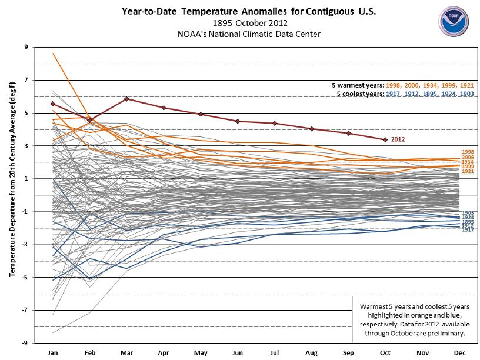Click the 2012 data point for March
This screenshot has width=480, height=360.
coord(126,99)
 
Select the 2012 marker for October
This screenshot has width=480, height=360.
coord(385,139)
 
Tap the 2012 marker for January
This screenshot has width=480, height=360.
coord(53,104)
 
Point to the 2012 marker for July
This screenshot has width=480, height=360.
coord(274,123)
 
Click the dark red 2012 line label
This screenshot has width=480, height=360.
coord(399,139)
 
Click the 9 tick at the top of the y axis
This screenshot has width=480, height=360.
coord(26,47)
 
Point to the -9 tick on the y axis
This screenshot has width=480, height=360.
coord(25,343)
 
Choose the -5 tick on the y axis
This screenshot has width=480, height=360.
coord(25,277)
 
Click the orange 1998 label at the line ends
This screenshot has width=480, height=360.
coord(468,152)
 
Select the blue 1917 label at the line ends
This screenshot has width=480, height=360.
coord(468,230)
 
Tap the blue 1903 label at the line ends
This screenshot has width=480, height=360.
coord(468,212)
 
